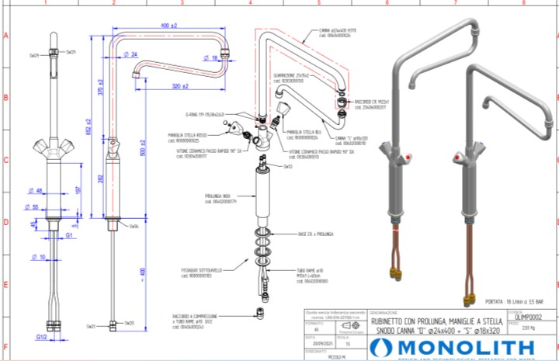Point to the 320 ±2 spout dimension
180,85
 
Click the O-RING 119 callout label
204,113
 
